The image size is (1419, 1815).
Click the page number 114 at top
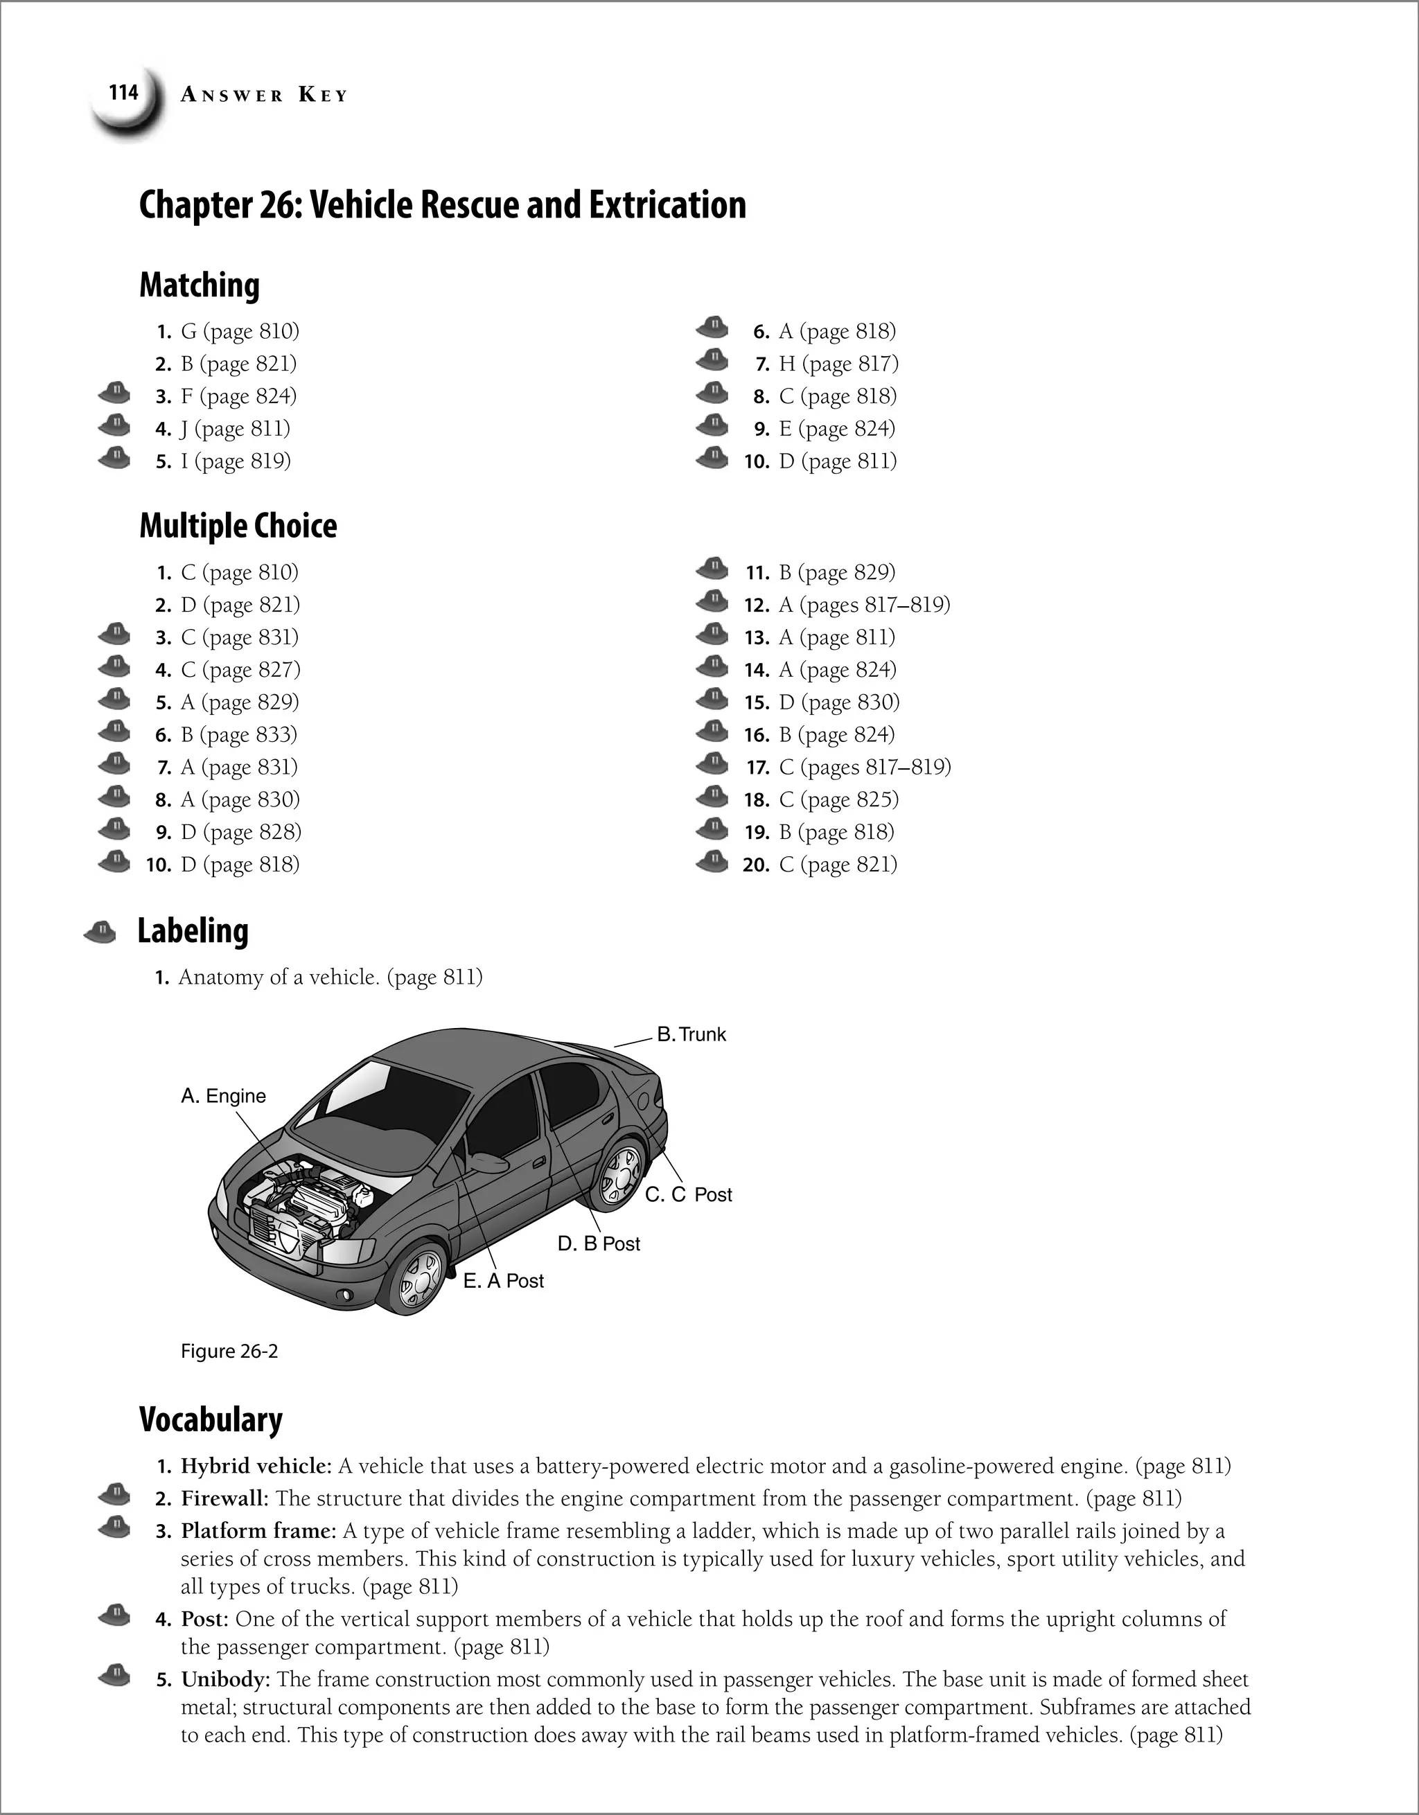pyautogui.click(x=123, y=92)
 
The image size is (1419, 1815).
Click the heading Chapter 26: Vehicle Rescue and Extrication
pyautogui.click(x=442, y=205)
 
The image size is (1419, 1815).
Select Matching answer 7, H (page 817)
pyautogui.click(x=838, y=364)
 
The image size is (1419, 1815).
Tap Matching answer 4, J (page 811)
pyautogui.click(x=236, y=429)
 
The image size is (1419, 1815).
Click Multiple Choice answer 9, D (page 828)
pyautogui.click(x=240, y=832)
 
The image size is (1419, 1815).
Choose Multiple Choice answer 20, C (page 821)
pyautogui.click(x=838, y=865)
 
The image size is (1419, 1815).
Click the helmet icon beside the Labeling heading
pyautogui.click(x=100, y=932)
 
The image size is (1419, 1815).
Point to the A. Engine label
pyautogui.click(x=223, y=1096)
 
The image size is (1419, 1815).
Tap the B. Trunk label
pyautogui.click(x=691, y=1035)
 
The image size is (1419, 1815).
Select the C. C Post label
pyautogui.click(x=688, y=1195)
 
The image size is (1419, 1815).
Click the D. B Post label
pyautogui.click(x=599, y=1244)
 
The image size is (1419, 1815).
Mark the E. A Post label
pyautogui.click(x=503, y=1282)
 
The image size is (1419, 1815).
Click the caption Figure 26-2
pyautogui.click(x=229, y=1352)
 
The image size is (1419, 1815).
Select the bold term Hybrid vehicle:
pyautogui.click(x=256, y=1466)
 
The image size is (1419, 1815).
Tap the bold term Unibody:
pyautogui.click(x=225, y=1679)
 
